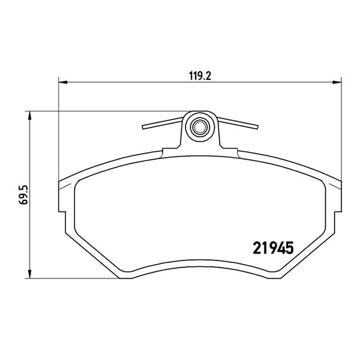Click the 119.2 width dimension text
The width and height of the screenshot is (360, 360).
point(200,76)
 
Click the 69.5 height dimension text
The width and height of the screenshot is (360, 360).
point(23,194)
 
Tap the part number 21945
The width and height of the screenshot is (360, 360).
point(273,248)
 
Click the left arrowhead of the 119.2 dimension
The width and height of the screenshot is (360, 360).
point(63,82)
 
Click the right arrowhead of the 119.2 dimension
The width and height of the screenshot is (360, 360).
point(337,82)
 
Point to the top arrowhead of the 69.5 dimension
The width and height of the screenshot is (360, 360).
point(29,116)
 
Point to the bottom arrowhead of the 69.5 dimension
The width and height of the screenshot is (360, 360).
point(29,274)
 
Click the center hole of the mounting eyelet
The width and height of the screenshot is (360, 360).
point(199,127)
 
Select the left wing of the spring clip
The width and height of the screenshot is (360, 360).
point(163,123)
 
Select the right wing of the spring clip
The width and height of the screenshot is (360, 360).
point(238,123)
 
